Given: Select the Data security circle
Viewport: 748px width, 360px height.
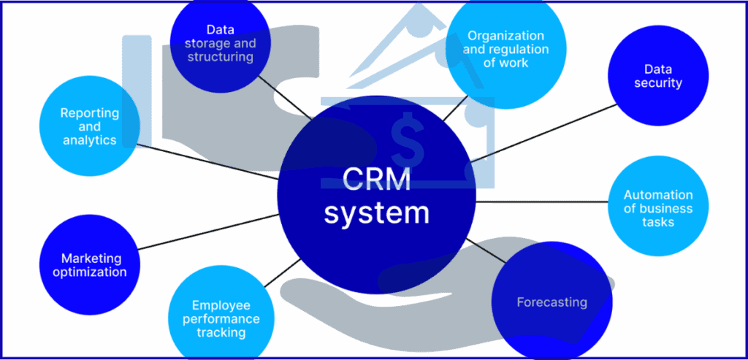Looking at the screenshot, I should click(x=658, y=76).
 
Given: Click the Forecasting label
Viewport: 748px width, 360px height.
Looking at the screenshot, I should click(x=552, y=302).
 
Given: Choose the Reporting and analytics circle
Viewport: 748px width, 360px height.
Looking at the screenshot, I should click(x=89, y=126).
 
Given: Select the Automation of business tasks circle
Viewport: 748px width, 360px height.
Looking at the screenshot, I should click(x=658, y=207).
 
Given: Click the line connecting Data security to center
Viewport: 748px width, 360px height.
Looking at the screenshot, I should click(x=544, y=132).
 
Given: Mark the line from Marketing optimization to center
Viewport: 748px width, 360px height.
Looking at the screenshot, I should click(x=208, y=231).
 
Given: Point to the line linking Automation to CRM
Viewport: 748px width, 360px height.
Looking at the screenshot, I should click(x=541, y=202).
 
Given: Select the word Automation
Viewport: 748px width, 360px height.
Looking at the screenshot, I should click(x=658, y=195).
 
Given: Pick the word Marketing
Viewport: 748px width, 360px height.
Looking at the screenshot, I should click(x=91, y=258).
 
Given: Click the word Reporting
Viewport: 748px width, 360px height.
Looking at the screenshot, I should click(x=89, y=113).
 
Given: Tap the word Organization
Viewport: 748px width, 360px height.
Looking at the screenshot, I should click(x=505, y=35).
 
